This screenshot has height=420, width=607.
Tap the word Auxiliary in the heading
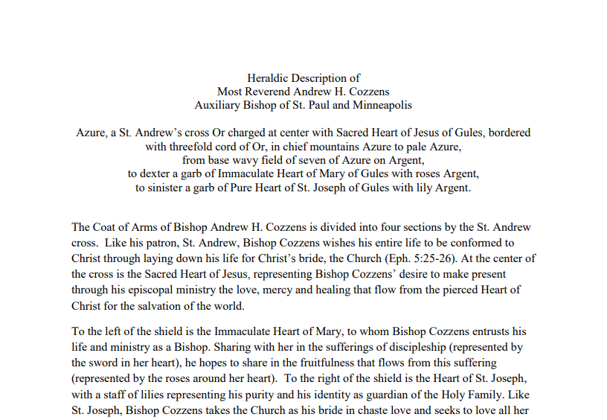(218, 105)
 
